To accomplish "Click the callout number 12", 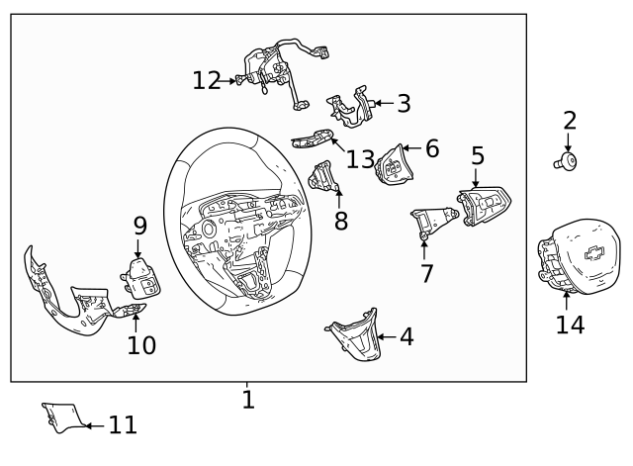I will [207, 81].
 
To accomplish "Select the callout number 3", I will [404, 103].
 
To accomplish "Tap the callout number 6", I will [431, 149].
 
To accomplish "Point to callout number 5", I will [478, 155].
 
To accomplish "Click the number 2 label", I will [570, 121].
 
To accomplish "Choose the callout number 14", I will [570, 324].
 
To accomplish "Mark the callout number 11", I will [123, 425].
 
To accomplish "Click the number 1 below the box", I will [248, 400].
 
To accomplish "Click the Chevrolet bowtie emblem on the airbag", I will [594, 252].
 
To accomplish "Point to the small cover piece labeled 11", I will [61, 417].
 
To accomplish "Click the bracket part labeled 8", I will [323, 177].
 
